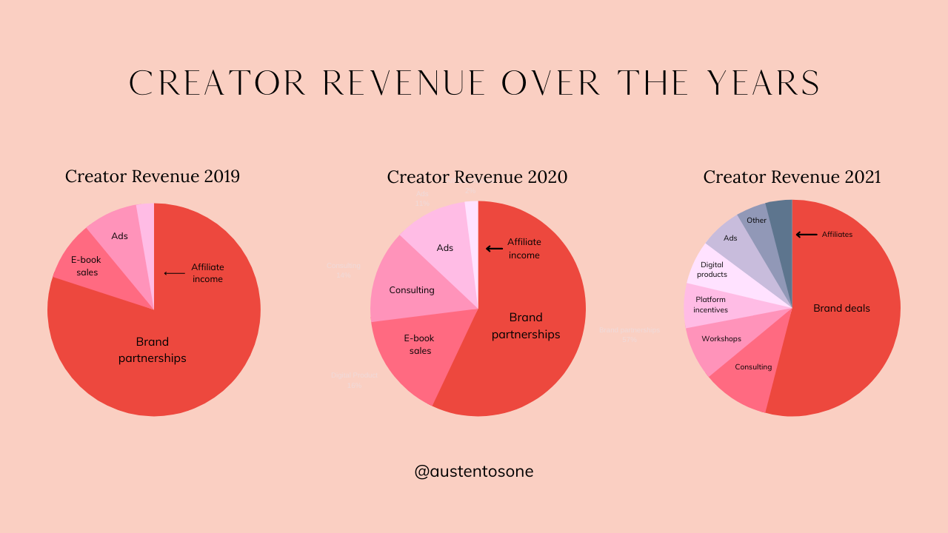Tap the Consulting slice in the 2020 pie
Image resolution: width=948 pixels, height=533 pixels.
411,289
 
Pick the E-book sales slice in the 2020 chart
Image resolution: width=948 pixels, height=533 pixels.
419,345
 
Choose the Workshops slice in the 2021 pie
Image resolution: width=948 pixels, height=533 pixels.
721,339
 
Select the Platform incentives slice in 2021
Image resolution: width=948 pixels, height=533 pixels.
710,304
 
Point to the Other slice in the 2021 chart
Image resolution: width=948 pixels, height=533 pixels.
756,220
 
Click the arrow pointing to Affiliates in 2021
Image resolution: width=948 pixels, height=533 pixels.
807,235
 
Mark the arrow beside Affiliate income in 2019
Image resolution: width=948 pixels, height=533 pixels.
175,273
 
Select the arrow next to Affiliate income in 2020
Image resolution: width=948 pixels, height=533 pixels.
494,248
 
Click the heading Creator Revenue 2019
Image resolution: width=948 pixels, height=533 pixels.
153,176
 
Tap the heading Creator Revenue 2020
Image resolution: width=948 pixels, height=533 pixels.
477,177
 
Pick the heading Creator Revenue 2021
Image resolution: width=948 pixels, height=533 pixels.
792,177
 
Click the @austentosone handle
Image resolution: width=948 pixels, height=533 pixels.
474,471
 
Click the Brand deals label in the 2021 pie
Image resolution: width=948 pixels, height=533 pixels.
841,308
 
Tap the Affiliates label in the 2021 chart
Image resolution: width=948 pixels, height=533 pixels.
837,235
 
